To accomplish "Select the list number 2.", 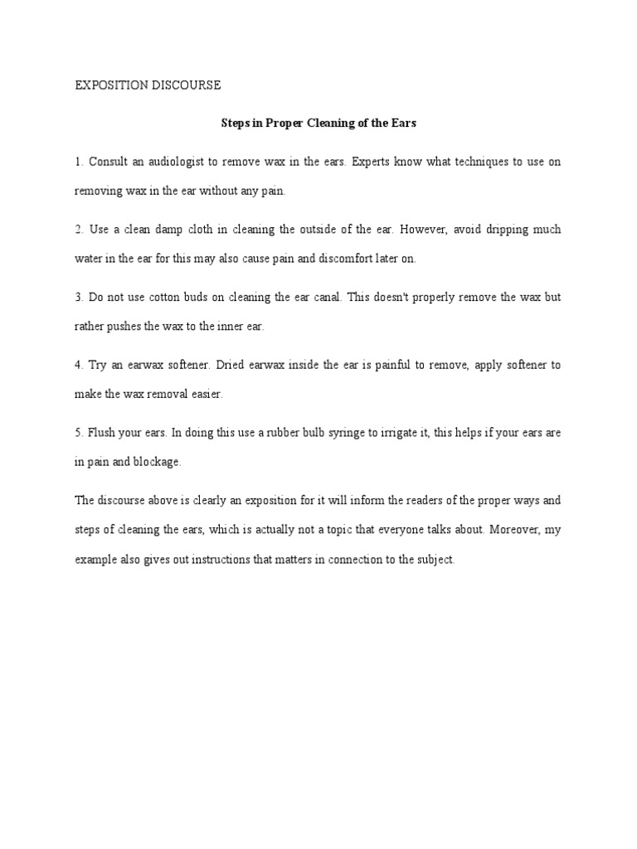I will coord(78,230).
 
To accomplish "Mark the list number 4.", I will coord(78,365).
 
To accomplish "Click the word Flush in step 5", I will coord(104,433).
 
